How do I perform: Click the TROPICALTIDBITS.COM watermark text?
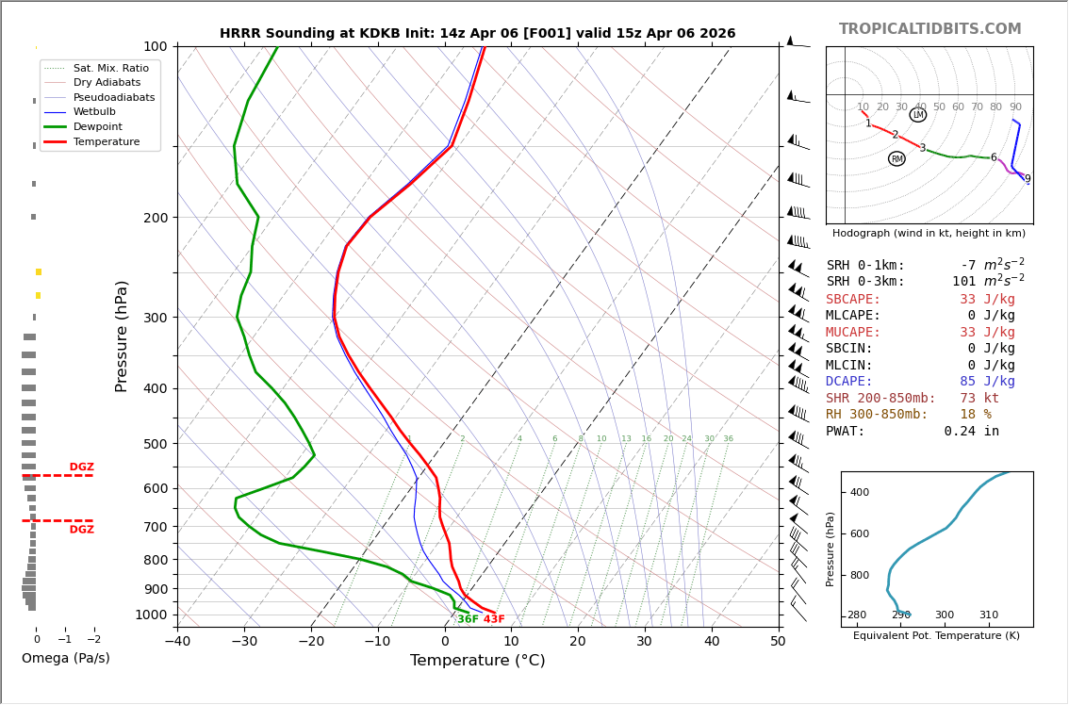[x=929, y=29]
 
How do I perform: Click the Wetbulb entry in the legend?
[x=93, y=112]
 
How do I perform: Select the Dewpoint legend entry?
[x=98, y=126]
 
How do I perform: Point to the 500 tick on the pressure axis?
[x=156, y=444]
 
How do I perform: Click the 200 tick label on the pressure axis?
[x=156, y=218]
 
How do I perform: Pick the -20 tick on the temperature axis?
[x=311, y=642]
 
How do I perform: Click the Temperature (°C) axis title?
[x=477, y=661]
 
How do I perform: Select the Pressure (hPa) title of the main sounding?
[x=122, y=336]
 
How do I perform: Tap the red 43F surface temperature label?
[x=494, y=619]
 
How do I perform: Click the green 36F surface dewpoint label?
[x=468, y=619]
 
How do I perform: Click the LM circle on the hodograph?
[x=917, y=115]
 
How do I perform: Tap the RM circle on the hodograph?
[x=896, y=159]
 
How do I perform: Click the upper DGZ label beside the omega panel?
[x=82, y=467]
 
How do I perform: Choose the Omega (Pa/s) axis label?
[x=66, y=659]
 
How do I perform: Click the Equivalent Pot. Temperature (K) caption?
[x=936, y=636]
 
